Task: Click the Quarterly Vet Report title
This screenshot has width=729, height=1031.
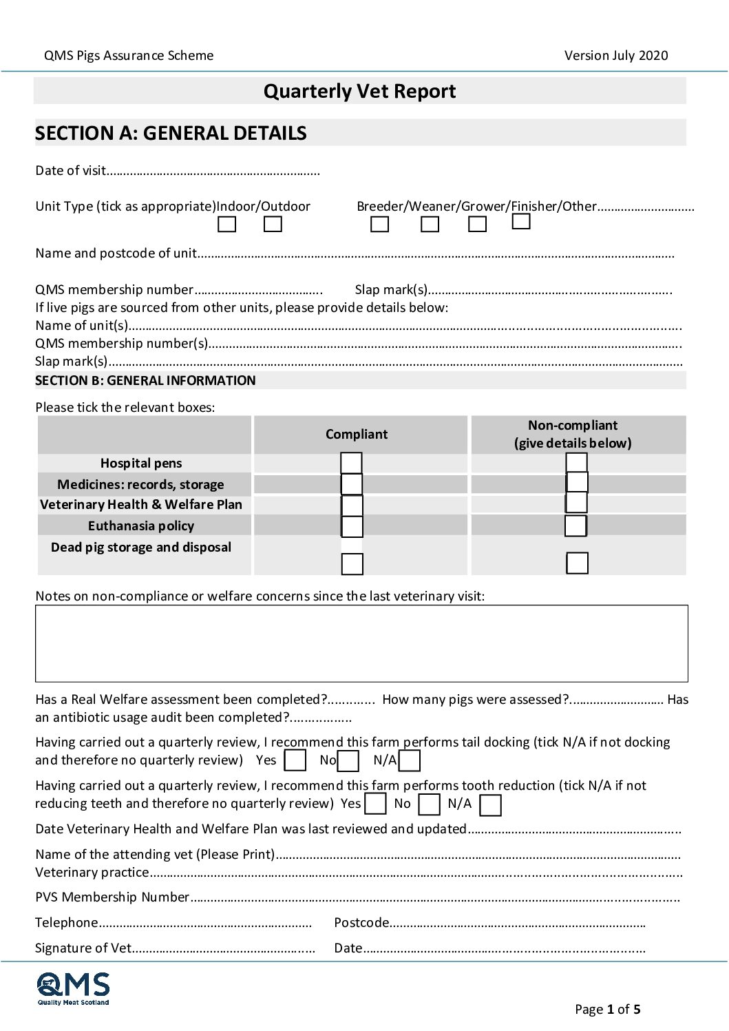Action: pos(359,91)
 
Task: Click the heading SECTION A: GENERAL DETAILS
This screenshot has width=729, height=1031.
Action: pos(171,133)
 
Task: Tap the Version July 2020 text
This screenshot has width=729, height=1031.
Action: pos(616,56)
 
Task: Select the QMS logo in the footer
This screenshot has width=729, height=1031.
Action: pos(73,988)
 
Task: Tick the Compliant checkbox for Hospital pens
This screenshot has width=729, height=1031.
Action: pos(351,463)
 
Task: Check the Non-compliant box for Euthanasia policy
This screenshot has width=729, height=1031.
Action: pos(575,525)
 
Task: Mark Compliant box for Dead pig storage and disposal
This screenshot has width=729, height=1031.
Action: pos(352,564)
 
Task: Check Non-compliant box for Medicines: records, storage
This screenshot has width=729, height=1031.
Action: pos(577,482)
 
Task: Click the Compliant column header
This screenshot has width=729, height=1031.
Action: pos(357,434)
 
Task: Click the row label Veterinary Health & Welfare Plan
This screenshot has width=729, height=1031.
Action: pos(141,505)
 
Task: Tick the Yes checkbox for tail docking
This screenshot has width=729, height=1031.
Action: pos(295,760)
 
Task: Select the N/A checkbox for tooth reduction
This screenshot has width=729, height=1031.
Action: pos(490,805)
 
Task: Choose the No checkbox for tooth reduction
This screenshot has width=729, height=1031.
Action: pos(429,804)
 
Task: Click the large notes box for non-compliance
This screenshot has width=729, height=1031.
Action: pos(361,643)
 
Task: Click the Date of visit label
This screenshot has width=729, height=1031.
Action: pos(71,171)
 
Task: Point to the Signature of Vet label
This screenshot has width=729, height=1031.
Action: pos(83,948)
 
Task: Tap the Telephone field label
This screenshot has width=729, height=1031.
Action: pos(67,923)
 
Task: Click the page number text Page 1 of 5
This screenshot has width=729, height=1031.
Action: pos(607,1010)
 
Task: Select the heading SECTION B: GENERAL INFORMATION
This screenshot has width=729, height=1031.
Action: pos(145,381)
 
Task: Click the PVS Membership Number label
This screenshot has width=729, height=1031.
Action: pos(112,897)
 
